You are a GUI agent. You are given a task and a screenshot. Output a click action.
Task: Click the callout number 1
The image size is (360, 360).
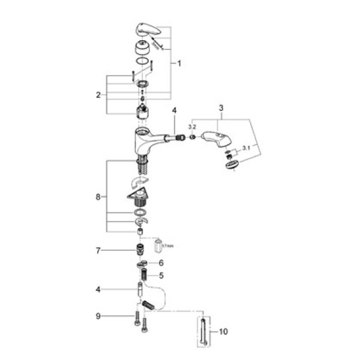(x=178, y=63)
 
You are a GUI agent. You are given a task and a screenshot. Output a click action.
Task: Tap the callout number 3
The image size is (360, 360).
(x=221, y=107)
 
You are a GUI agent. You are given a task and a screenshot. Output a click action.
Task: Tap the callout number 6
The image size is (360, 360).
(x=161, y=263)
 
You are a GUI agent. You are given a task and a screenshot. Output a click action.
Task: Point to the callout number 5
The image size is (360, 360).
(x=161, y=276)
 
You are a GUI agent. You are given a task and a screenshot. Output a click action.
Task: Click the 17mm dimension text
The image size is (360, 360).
(x=169, y=245)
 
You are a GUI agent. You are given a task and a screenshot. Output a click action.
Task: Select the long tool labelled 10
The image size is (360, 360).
(x=205, y=331)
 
